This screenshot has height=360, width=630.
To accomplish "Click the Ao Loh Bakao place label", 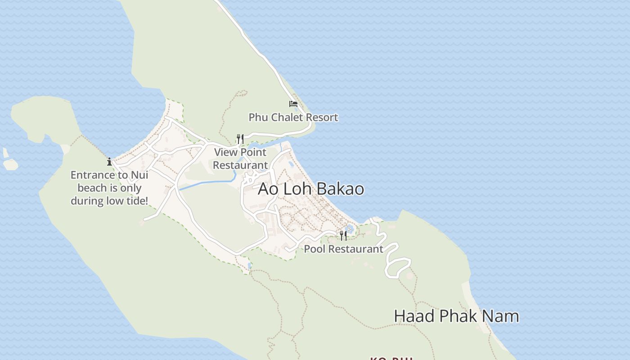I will tap(311, 189).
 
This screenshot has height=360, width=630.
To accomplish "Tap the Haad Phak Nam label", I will tap(456, 316).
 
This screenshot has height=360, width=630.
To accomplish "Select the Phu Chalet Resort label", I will tap(293, 117).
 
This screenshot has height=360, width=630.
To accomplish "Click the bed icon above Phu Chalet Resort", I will tap(293, 104).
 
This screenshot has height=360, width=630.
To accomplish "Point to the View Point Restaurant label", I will tap(240, 158).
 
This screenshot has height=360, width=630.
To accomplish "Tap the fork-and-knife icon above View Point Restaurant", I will tap(240, 139).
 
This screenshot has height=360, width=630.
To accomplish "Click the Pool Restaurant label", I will tap(344, 249).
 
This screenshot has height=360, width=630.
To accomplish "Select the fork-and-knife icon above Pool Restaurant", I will tap(343, 235).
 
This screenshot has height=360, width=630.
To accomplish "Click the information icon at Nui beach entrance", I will tap(109, 162).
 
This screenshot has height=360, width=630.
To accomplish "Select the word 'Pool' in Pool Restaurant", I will tap(313, 249).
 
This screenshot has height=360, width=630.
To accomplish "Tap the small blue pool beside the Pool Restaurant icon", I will tap(350, 230).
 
